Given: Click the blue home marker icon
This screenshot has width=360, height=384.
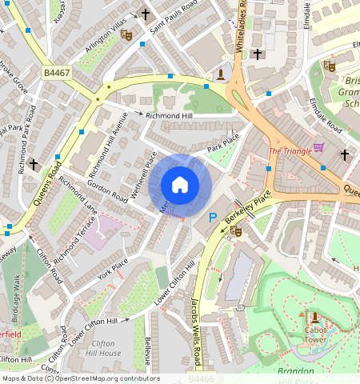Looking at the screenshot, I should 180,186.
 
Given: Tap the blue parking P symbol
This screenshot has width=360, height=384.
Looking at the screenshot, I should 213,217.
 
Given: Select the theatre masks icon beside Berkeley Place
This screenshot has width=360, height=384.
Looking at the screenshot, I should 235,230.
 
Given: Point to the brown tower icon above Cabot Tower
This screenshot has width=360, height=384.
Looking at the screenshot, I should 314,317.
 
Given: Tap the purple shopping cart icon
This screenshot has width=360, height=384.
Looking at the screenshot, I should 319,147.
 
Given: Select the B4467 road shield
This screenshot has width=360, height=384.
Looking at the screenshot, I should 56,73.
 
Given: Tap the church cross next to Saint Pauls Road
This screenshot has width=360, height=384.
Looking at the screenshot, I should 146,14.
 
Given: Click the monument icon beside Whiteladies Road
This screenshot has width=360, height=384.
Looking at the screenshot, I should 221,74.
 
